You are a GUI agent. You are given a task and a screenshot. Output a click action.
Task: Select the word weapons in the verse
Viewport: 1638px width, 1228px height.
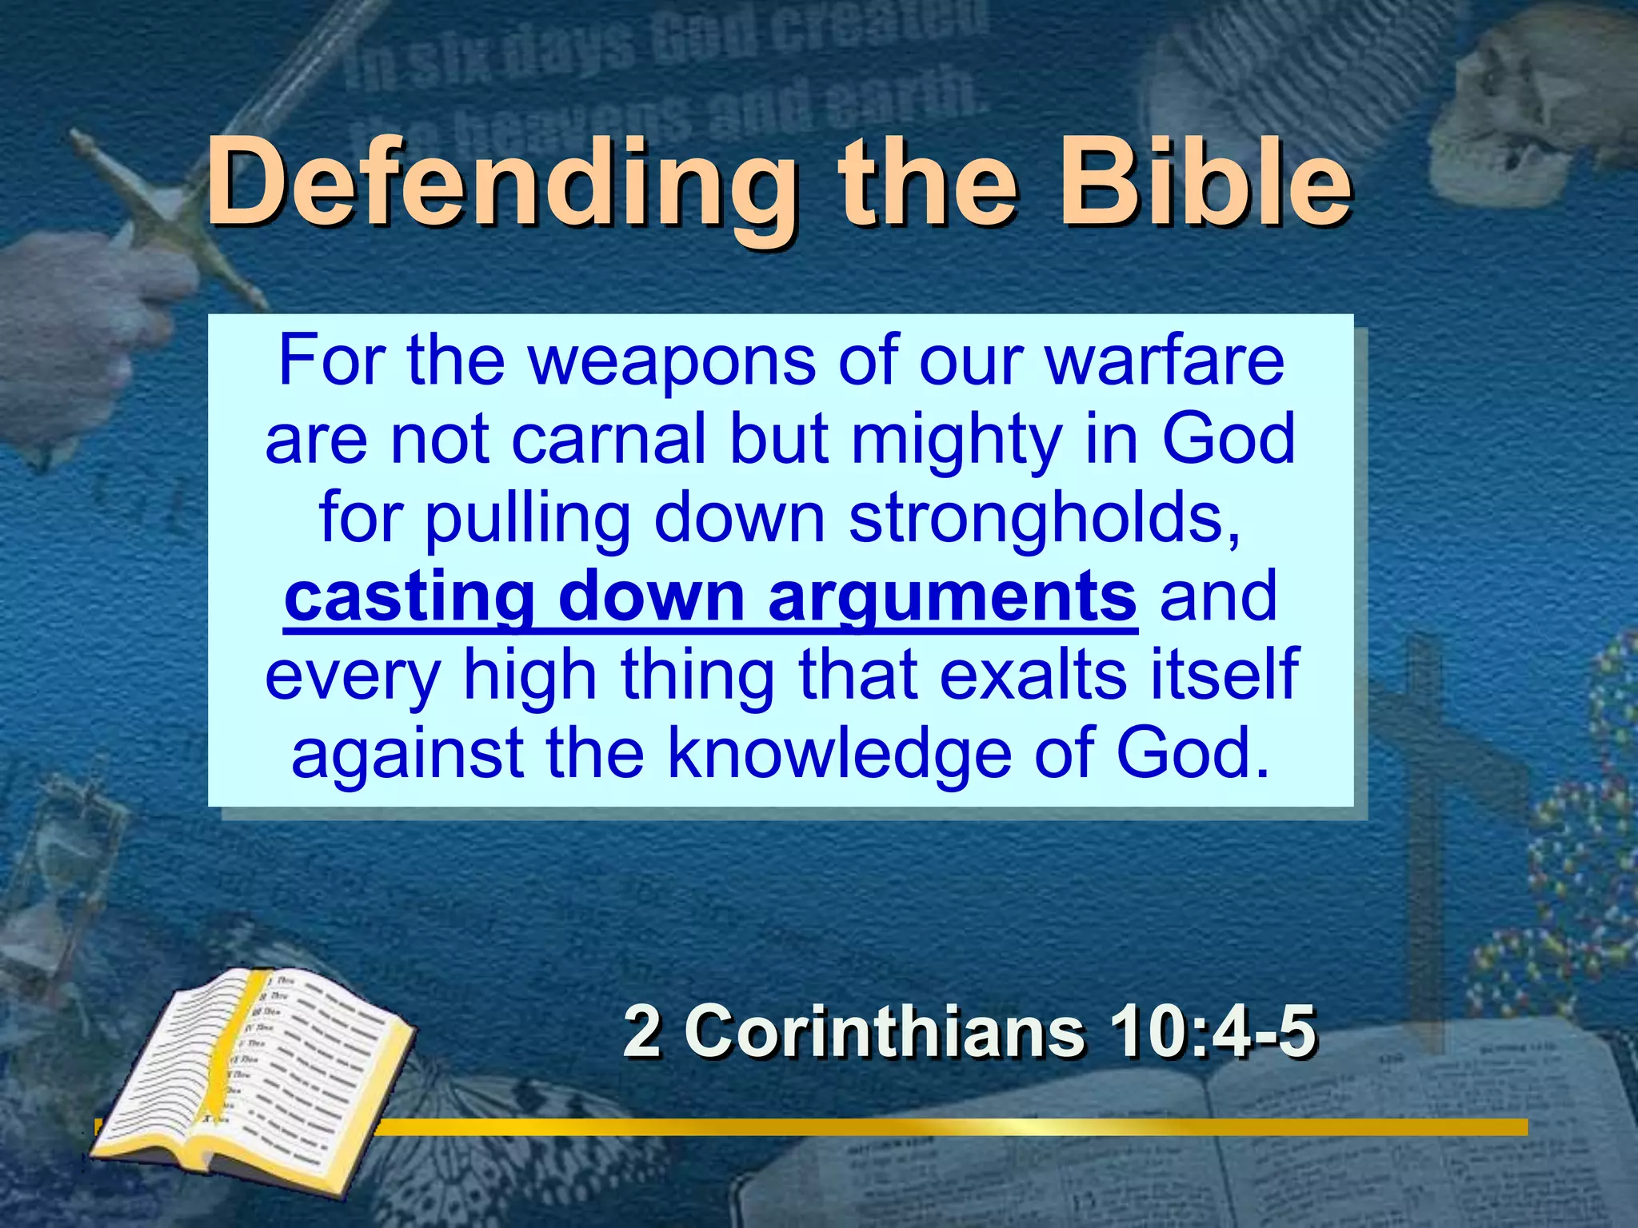click(671, 361)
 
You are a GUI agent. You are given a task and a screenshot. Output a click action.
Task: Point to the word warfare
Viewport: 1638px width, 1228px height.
click(1165, 361)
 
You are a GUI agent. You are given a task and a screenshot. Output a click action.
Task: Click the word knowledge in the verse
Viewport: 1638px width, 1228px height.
click(839, 753)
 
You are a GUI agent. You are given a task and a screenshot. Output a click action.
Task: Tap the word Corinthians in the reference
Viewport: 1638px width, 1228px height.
click(884, 1031)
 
